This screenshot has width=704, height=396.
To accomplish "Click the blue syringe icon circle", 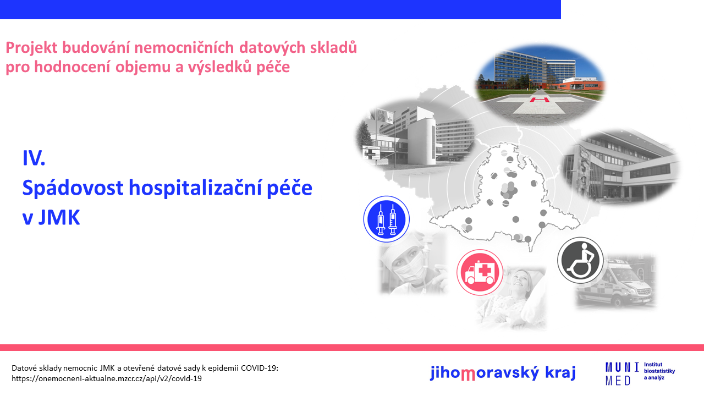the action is click(386, 219).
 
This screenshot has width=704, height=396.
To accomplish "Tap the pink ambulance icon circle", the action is click(480, 272).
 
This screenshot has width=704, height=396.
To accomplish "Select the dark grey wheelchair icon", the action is click(580, 260).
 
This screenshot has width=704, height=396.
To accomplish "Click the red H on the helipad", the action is click(540, 100).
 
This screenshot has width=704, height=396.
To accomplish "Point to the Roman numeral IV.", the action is click(34, 158).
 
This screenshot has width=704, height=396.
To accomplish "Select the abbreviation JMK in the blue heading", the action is click(59, 217).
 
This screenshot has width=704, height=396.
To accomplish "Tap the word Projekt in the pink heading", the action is click(31, 48).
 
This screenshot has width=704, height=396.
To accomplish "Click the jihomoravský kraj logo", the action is click(503, 373).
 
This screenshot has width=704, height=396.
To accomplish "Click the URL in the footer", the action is click(107, 378).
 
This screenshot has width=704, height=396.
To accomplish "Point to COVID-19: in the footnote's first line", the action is click(260, 368).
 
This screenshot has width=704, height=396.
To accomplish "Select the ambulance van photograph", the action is click(615, 282).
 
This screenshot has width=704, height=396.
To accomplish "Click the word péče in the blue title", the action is click(289, 188).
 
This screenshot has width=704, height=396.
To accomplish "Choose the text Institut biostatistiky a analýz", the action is click(659, 371).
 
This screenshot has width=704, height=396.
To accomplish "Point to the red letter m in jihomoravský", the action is click(468, 374).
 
